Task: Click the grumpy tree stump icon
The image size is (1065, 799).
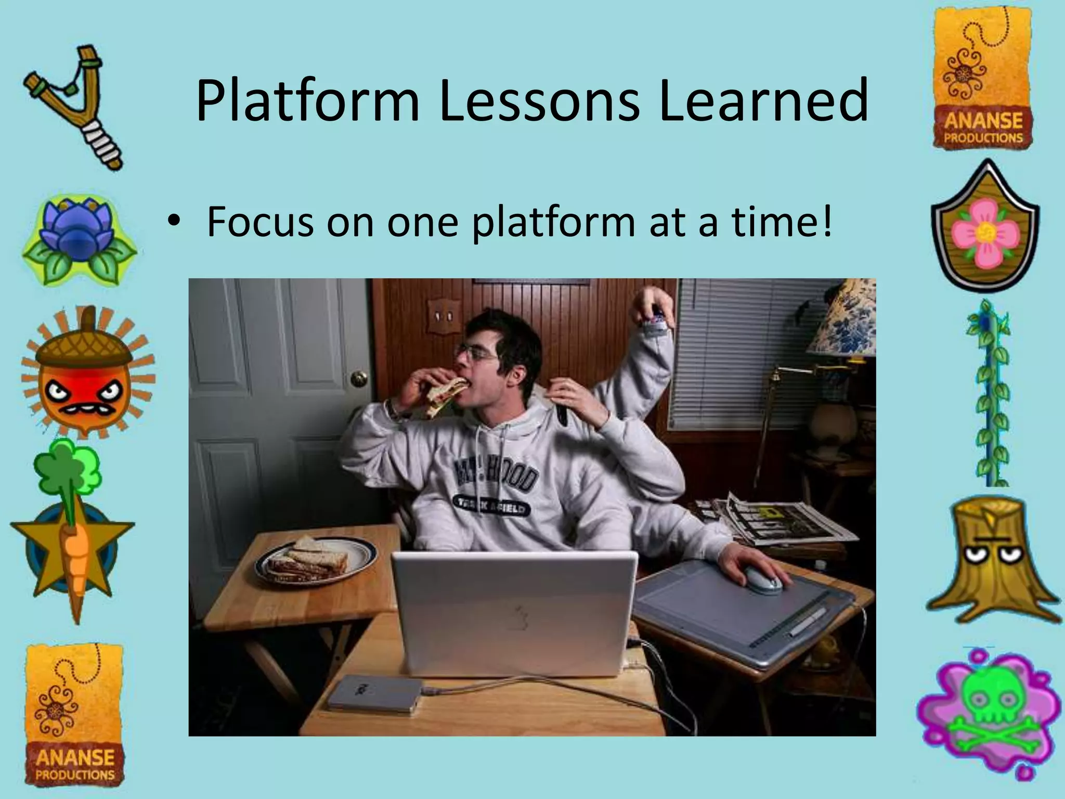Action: click(991, 559)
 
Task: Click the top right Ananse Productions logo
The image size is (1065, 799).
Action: click(983, 78)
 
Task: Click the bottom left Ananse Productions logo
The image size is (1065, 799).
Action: click(75, 715)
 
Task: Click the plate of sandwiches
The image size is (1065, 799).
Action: click(315, 562)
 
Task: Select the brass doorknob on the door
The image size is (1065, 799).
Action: click(359, 379)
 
